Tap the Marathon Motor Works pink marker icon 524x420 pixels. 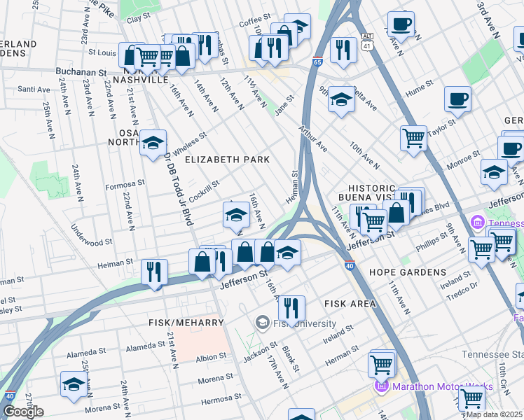click(x=382, y=386)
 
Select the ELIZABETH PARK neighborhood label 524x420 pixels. click(x=227, y=160)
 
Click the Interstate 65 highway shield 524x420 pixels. click(x=317, y=62)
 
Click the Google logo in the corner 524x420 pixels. click(x=22, y=412)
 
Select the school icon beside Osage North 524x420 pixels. click(x=153, y=143)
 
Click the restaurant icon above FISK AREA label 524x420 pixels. click(x=291, y=307)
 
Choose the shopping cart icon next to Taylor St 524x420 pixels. click(x=413, y=136)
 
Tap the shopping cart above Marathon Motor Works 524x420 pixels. click(x=381, y=363)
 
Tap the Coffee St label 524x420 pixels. click(x=254, y=22)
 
